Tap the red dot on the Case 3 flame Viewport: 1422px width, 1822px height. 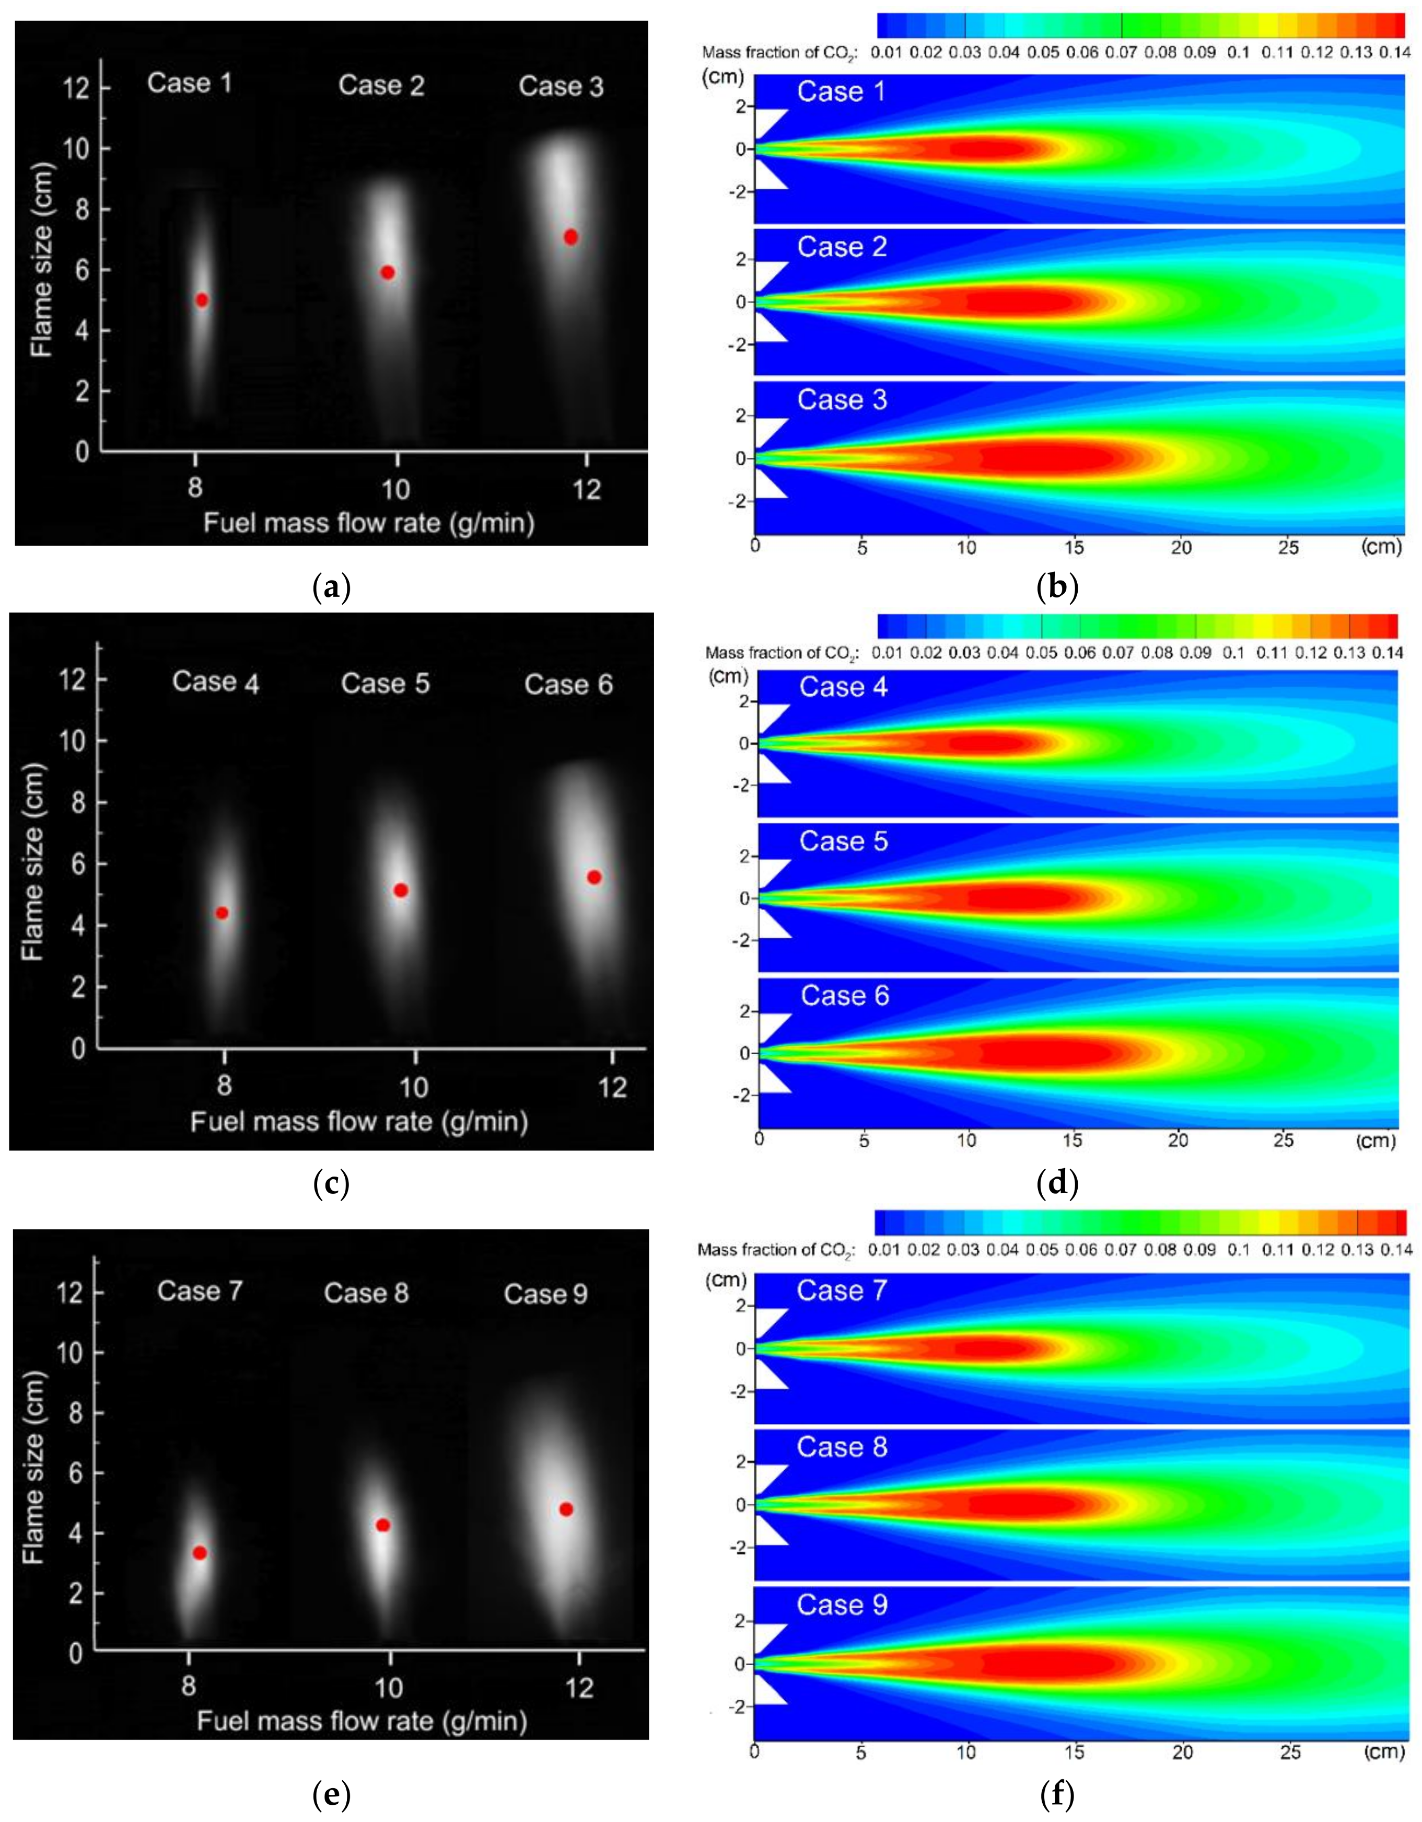[x=570, y=237]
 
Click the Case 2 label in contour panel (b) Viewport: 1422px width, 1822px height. [x=842, y=247]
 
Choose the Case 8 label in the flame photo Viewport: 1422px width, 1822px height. [x=366, y=1293]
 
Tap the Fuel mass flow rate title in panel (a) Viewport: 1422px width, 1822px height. [x=369, y=523]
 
